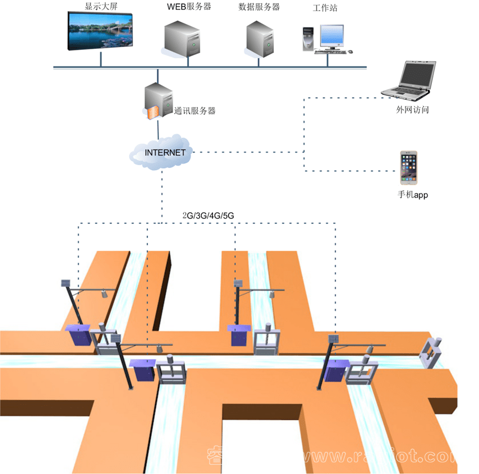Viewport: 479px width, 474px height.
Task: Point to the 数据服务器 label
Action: pos(259,7)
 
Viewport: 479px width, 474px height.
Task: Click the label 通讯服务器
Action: pos(195,110)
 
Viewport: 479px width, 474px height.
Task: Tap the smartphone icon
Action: pos(409,168)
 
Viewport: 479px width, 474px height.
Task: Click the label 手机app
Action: pos(412,195)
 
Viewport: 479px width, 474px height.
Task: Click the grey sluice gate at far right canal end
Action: pos(432,353)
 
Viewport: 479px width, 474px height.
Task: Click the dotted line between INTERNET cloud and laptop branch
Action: pos(249,152)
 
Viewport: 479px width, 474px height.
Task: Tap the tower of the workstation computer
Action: pos(308,39)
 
